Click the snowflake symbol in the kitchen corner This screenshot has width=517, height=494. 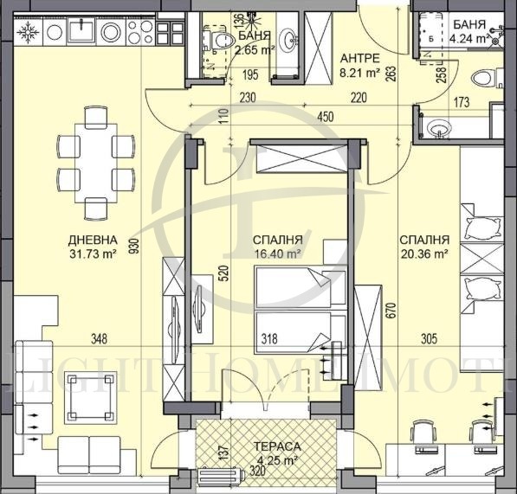point(26,33)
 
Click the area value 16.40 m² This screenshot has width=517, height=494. point(277,254)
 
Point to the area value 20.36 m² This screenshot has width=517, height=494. point(423,254)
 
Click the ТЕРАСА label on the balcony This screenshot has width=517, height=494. point(279,446)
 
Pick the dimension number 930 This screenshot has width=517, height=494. point(133,247)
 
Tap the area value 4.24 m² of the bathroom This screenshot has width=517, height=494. point(469,37)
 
